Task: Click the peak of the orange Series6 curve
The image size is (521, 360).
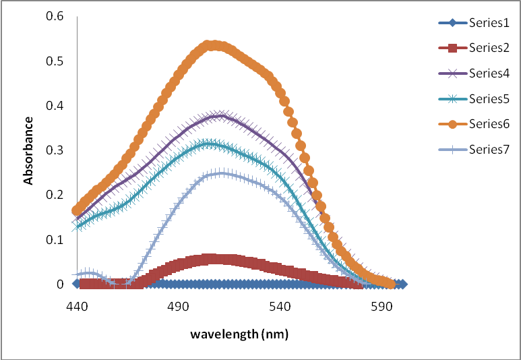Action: coord(212,45)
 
